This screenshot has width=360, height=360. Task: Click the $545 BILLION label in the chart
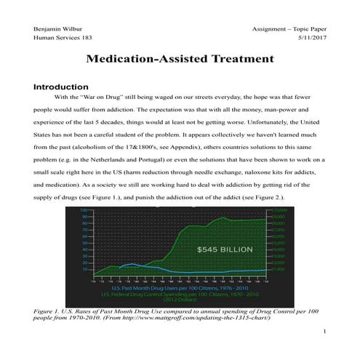[x=225, y=249]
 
